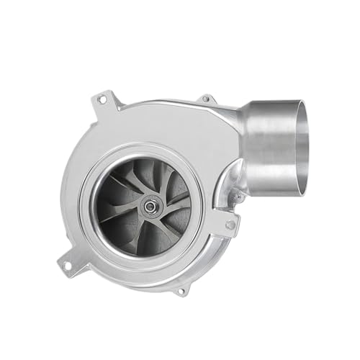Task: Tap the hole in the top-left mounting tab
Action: point(101,99)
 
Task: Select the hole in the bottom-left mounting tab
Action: point(67,266)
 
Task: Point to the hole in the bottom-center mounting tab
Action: point(180,291)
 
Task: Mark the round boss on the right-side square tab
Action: point(230,225)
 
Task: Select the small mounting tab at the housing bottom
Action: point(180,289)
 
